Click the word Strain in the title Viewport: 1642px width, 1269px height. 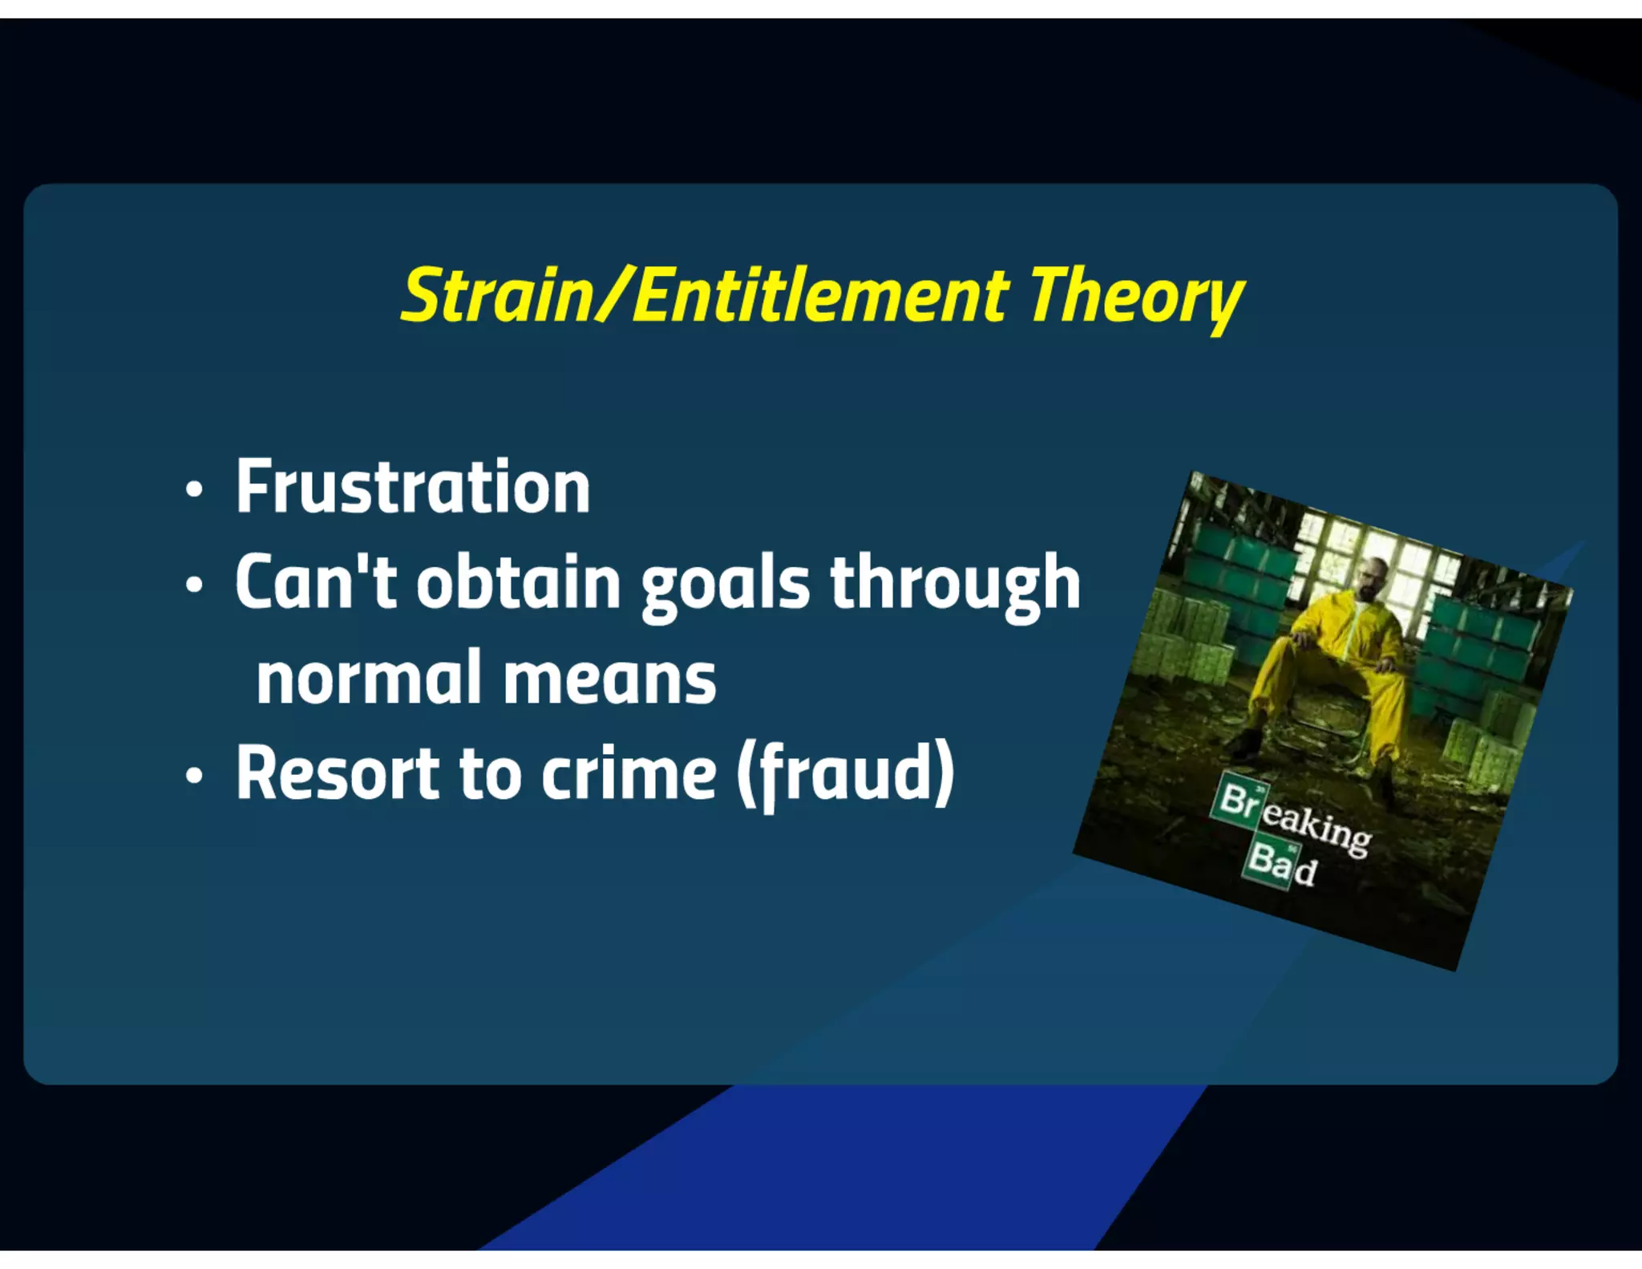pyautogui.click(x=496, y=296)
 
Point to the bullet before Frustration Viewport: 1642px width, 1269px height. pyautogui.click(x=193, y=489)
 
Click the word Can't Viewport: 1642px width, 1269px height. pyautogui.click(x=316, y=583)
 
